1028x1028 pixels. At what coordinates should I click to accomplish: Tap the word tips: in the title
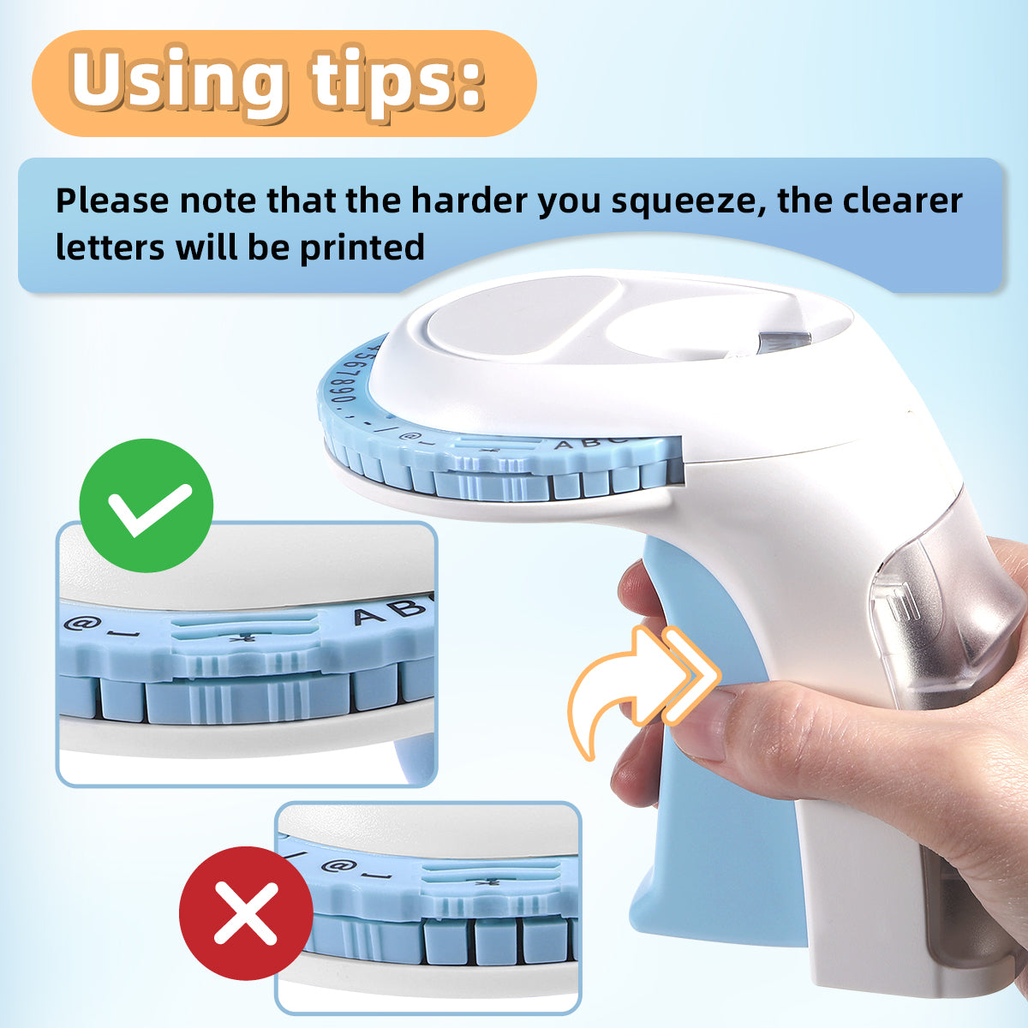click(398, 83)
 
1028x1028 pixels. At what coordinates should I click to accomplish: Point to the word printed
click(362, 248)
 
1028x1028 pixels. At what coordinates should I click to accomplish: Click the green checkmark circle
click(146, 505)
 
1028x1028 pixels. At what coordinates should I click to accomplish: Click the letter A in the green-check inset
click(370, 617)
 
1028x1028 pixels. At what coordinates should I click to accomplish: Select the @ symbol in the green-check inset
click(76, 623)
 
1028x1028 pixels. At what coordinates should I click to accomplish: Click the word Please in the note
click(112, 200)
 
